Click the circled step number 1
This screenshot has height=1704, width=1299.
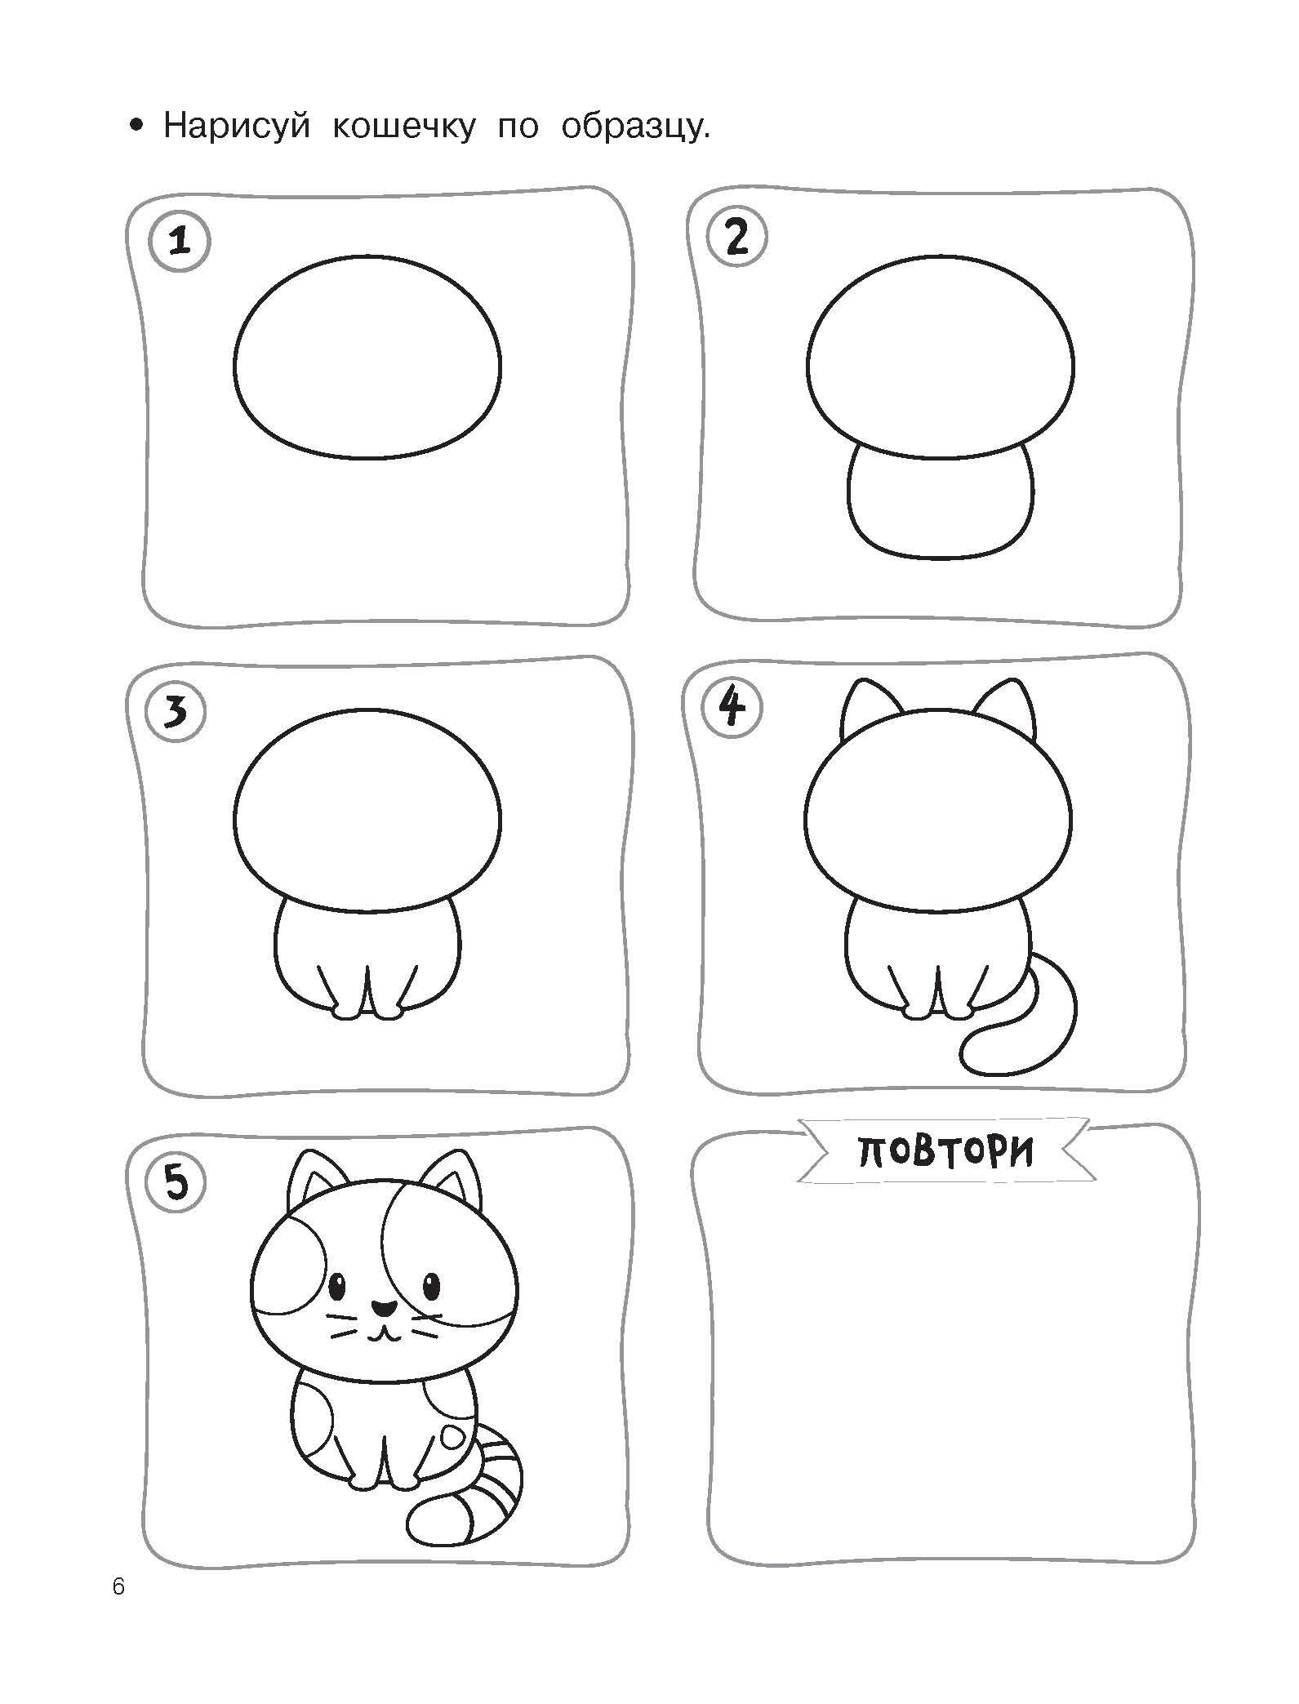point(179,242)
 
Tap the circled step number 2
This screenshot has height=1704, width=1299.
point(736,238)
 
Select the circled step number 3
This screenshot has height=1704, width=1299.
point(175,713)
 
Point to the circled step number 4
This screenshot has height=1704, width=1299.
point(732,707)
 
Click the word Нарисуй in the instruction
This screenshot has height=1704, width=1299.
point(237,127)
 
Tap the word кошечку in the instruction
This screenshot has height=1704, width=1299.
point(404,127)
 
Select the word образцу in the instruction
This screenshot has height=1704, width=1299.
point(634,127)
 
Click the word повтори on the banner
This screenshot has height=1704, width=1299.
point(947,1151)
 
